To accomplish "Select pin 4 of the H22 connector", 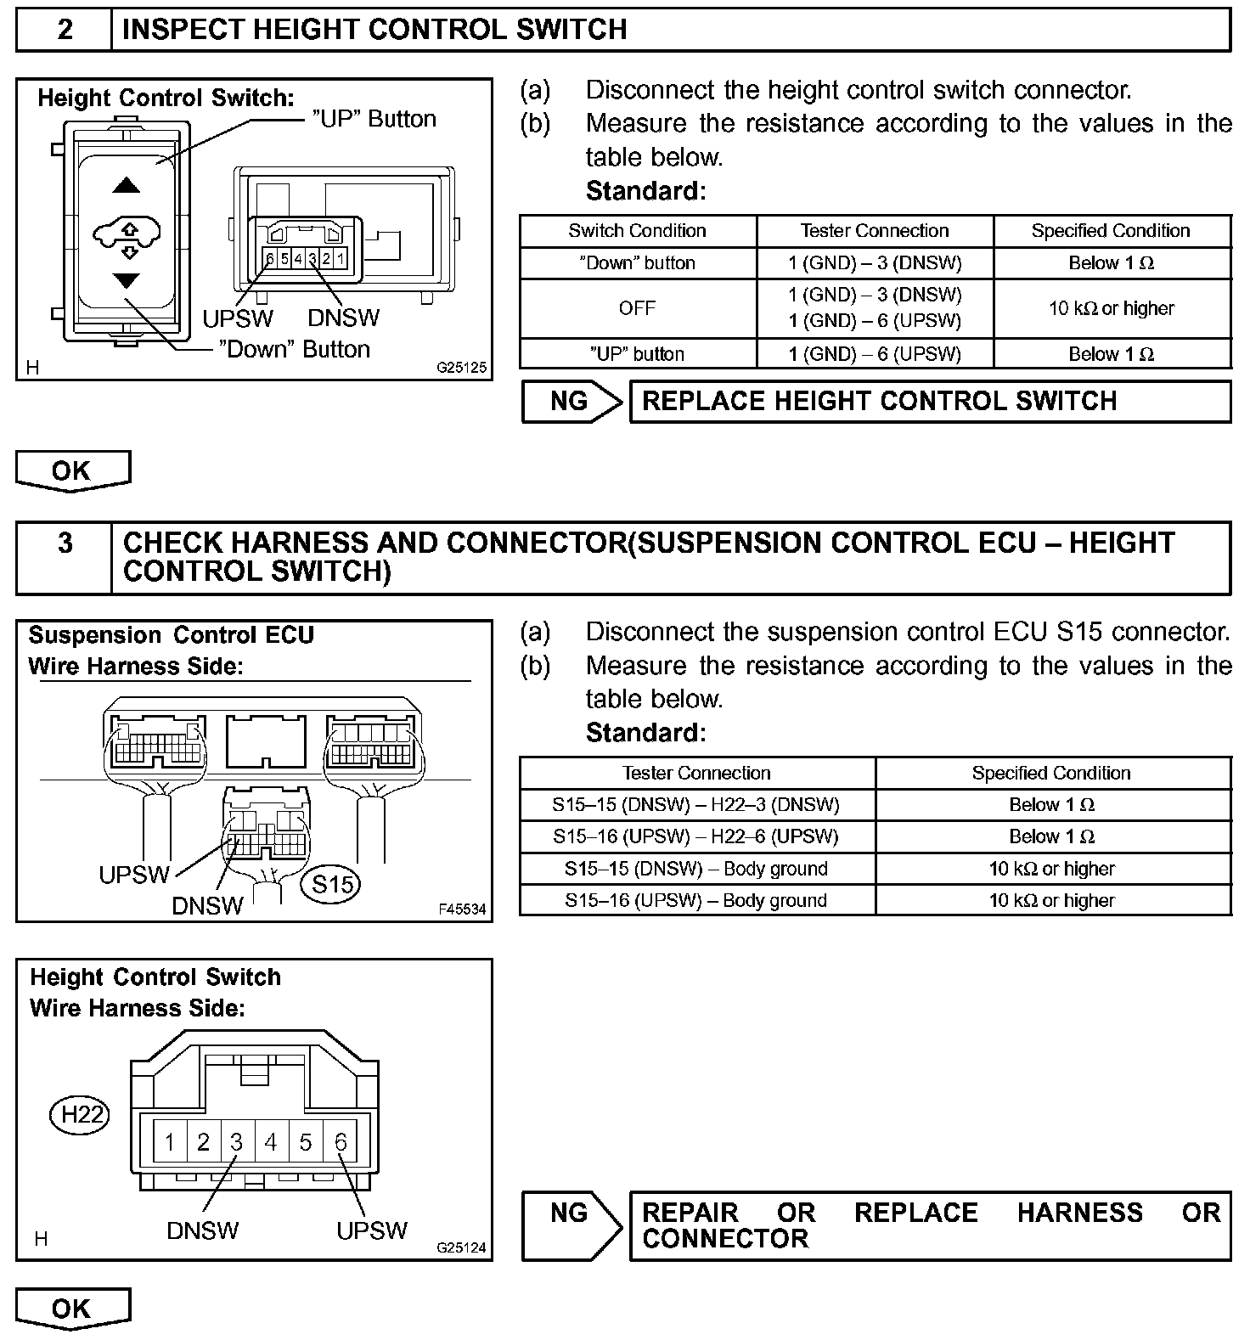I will [x=271, y=1142].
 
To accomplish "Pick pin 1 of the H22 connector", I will [x=170, y=1142].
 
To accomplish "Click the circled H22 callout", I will [x=80, y=1113].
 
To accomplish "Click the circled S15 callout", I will [x=332, y=884].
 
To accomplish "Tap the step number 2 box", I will [x=65, y=30].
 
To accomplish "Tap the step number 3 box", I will [x=65, y=543].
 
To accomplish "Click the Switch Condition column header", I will [x=637, y=231].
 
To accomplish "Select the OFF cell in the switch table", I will [x=637, y=308].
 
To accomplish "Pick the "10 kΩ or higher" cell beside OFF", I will [x=1112, y=308].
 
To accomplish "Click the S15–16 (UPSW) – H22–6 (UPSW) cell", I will [x=696, y=836].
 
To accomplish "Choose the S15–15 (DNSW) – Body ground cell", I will [x=696, y=869].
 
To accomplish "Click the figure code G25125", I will [x=462, y=369].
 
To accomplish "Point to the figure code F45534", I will [x=462, y=909].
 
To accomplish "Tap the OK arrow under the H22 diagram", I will [x=72, y=1309].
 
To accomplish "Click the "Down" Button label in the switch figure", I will [x=294, y=349].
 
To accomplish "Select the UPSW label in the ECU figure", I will [x=134, y=875].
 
